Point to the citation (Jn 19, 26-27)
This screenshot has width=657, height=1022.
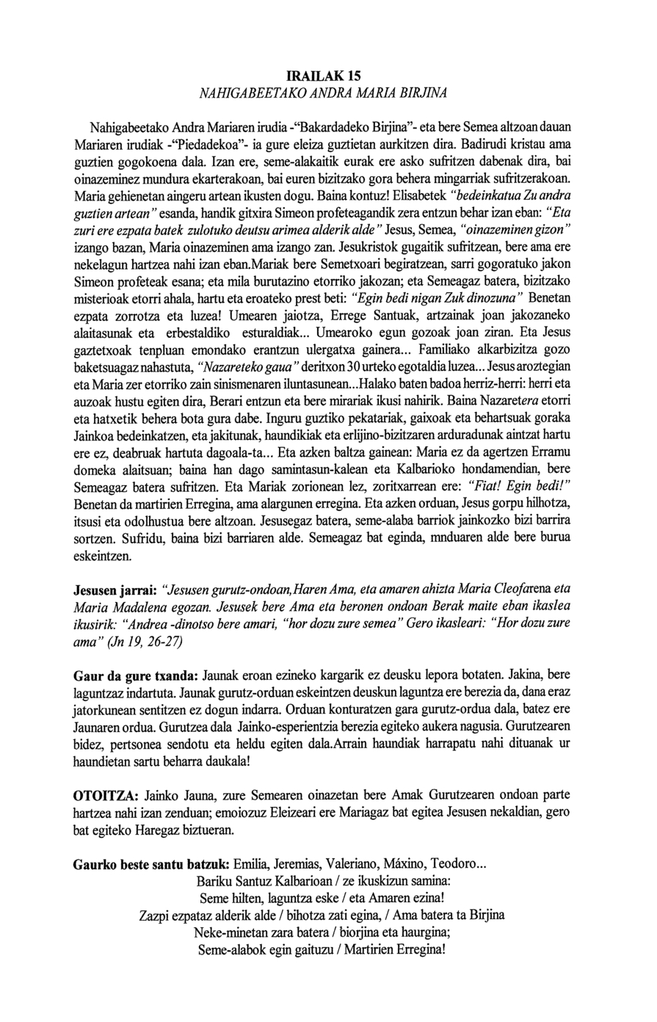[x=147, y=640]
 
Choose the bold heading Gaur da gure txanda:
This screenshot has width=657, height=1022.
[x=135, y=675]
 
